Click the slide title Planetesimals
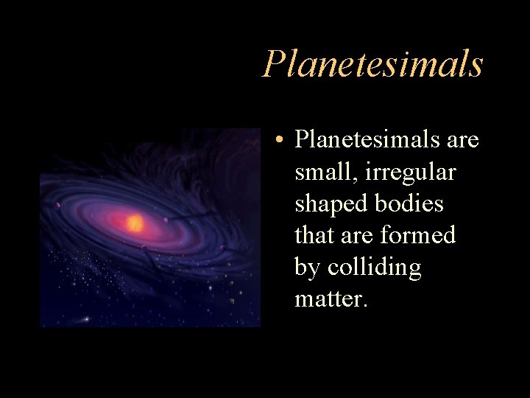pos(372,64)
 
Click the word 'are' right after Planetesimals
pos(461,139)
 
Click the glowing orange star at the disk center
pos(135,223)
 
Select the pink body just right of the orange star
pos(167,219)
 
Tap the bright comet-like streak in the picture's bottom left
pos(85,318)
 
